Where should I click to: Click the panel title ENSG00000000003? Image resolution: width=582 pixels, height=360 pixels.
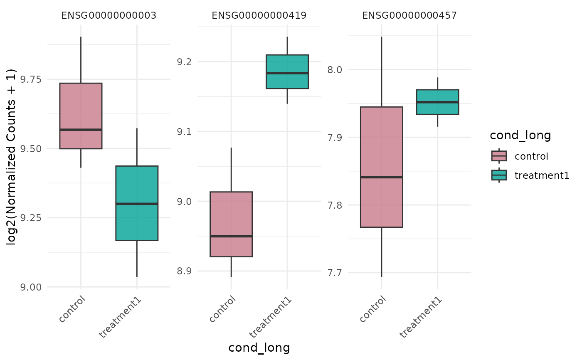pyautogui.click(x=109, y=16)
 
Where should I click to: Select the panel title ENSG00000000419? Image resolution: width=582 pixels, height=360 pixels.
pyautogui.click(x=259, y=16)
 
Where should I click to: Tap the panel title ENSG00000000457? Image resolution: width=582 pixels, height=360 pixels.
pyautogui.click(x=409, y=16)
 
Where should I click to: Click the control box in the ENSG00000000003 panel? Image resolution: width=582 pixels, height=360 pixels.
pyautogui.click(x=81, y=116)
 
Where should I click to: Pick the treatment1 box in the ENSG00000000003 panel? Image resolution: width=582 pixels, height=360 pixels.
pyautogui.click(x=137, y=203)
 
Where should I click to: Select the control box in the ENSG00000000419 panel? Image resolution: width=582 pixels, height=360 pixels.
pyautogui.click(x=231, y=224)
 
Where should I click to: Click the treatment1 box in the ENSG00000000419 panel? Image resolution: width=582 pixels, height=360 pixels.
pyautogui.click(x=287, y=72)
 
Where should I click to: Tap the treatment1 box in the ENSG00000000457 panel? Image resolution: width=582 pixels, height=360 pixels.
pyautogui.click(x=438, y=102)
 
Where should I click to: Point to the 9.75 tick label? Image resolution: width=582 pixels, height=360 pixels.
pyautogui.click(x=30, y=79)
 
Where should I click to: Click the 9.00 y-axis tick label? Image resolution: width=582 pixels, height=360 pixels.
pyautogui.click(x=30, y=287)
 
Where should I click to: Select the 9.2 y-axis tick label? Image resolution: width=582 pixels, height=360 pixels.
pyautogui.click(x=184, y=62)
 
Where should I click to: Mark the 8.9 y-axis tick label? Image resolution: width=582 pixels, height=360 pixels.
pyautogui.click(x=184, y=271)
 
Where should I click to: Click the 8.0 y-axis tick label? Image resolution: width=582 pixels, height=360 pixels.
pyautogui.click(x=334, y=69)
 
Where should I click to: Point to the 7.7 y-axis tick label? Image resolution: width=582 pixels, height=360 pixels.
pyautogui.click(x=334, y=273)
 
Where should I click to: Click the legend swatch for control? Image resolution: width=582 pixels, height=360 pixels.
pyautogui.click(x=499, y=156)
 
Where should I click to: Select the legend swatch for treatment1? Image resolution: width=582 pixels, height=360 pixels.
pyautogui.click(x=499, y=175)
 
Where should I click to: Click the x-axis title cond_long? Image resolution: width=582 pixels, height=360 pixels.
pyautogui.click(x=259, y=348)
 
